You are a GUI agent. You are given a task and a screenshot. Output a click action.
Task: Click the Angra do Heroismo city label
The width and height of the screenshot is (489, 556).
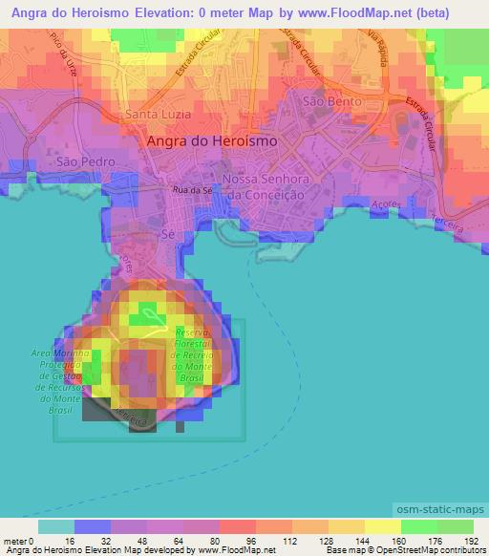213,140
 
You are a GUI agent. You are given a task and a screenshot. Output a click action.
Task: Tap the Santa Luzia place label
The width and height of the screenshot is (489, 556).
157,117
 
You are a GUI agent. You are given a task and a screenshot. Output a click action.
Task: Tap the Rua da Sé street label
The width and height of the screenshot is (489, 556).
191,191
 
